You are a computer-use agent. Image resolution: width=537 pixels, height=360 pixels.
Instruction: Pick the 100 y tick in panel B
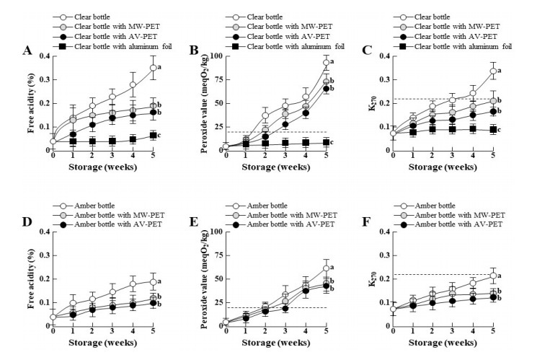tap(216, 56)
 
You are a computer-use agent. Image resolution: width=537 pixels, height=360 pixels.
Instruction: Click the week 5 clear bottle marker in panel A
tap(153, 68)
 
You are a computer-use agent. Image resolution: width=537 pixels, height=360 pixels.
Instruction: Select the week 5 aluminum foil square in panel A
tap(153, 135)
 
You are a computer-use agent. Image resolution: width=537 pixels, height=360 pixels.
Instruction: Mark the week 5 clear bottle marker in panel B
tap(327, 63)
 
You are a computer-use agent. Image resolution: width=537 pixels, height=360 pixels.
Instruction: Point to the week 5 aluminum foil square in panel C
tap(492, 129)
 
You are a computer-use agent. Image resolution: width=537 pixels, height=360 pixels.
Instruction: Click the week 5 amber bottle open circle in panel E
tap(327, 268)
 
